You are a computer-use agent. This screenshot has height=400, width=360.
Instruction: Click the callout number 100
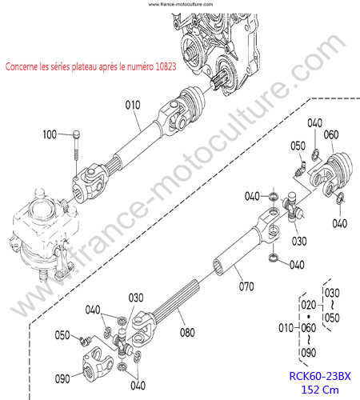50,134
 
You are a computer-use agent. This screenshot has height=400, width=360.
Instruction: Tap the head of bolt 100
76,134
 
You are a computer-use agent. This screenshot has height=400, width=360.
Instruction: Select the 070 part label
246,286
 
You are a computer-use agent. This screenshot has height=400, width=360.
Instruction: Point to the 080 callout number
187,333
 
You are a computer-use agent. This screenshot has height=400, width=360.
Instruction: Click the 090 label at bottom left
62,378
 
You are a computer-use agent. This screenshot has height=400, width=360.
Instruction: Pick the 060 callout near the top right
331,134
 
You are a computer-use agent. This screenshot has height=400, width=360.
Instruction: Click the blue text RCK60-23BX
320,376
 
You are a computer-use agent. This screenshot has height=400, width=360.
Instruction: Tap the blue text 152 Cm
320,390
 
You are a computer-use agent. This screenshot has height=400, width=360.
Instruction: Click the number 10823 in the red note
166,66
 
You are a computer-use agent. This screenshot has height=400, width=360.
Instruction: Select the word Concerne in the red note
22,66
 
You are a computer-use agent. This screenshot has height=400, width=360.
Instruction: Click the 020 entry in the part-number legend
309,305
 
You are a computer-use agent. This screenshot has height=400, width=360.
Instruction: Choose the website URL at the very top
181,4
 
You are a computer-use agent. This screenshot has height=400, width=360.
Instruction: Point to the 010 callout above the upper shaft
133,105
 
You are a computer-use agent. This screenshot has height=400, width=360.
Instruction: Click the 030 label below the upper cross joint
299,241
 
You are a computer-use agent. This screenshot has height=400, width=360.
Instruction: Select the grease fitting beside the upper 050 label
299,170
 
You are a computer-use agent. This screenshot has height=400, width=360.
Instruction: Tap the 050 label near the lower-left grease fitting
62,335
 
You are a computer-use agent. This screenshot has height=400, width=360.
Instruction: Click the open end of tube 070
218,268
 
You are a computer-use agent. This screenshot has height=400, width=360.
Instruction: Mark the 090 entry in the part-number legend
309,353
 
